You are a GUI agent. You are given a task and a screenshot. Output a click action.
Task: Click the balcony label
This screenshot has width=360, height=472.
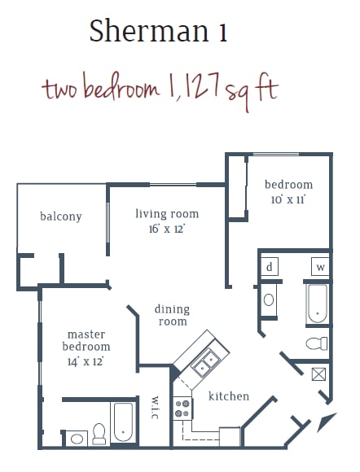pos(61,216)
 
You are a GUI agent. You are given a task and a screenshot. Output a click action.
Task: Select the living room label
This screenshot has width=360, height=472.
pos(167,214)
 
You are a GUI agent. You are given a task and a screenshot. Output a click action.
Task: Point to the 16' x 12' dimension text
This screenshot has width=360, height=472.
pos(166,229)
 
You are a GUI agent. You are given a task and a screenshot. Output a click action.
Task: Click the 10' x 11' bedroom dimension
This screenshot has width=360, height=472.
pos(288,199)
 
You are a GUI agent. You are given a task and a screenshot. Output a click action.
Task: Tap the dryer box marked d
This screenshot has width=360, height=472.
pos(270,267)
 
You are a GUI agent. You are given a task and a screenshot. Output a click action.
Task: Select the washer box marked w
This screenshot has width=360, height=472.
pos(320,267)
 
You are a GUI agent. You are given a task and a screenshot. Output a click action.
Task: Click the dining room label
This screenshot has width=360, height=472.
pos(172,316)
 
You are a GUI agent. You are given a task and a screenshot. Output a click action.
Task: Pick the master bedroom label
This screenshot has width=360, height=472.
pos(86,341)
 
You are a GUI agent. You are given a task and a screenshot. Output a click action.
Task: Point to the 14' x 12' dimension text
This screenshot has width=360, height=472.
pos(86,361)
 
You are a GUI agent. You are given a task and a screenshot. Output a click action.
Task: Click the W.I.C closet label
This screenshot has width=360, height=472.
pos(155,408)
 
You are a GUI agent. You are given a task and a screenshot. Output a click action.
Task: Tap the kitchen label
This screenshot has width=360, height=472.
pos(229,396)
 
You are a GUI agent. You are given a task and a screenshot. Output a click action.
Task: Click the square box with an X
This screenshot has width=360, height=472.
pos(319,374)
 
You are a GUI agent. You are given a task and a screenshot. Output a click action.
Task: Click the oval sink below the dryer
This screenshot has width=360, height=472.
pos(270,299)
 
